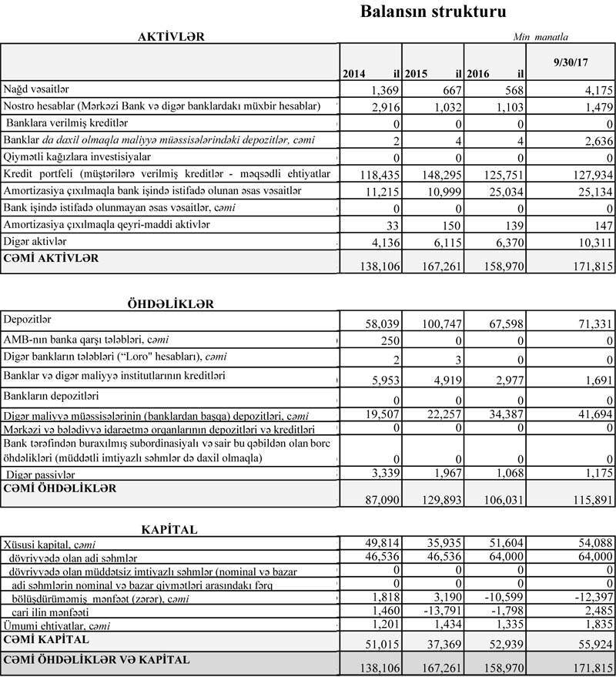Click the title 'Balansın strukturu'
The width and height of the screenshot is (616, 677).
pos(432,12)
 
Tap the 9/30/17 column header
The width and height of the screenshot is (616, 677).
pos(571,61)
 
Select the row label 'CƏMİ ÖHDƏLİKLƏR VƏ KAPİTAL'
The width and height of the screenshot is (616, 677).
pos(97,660)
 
